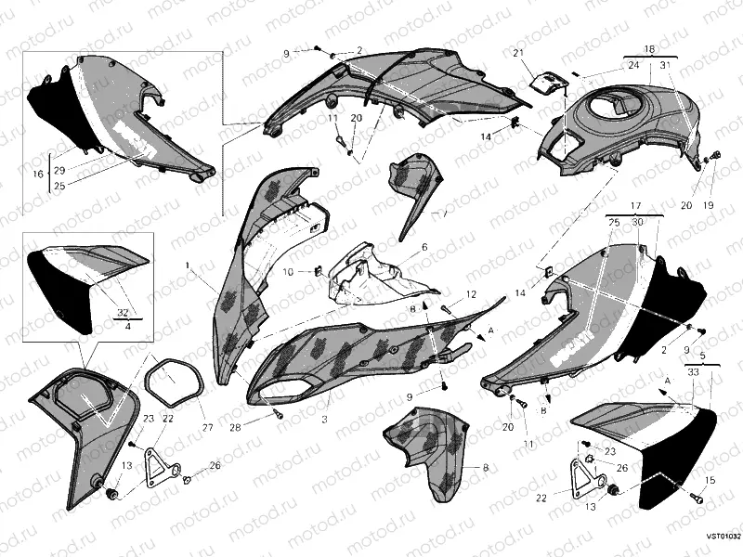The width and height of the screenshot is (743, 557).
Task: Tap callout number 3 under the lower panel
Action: [325, 395]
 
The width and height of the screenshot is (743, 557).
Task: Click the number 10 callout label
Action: [287, 272]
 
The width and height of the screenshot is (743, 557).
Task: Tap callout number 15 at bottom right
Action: [710, 480]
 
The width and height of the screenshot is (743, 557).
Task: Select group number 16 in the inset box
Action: [38, 174]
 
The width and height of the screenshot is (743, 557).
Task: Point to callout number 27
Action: [207, 428]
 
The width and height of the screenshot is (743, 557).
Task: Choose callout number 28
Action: [235, 427]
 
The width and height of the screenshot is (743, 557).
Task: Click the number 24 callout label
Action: [633, 65]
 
